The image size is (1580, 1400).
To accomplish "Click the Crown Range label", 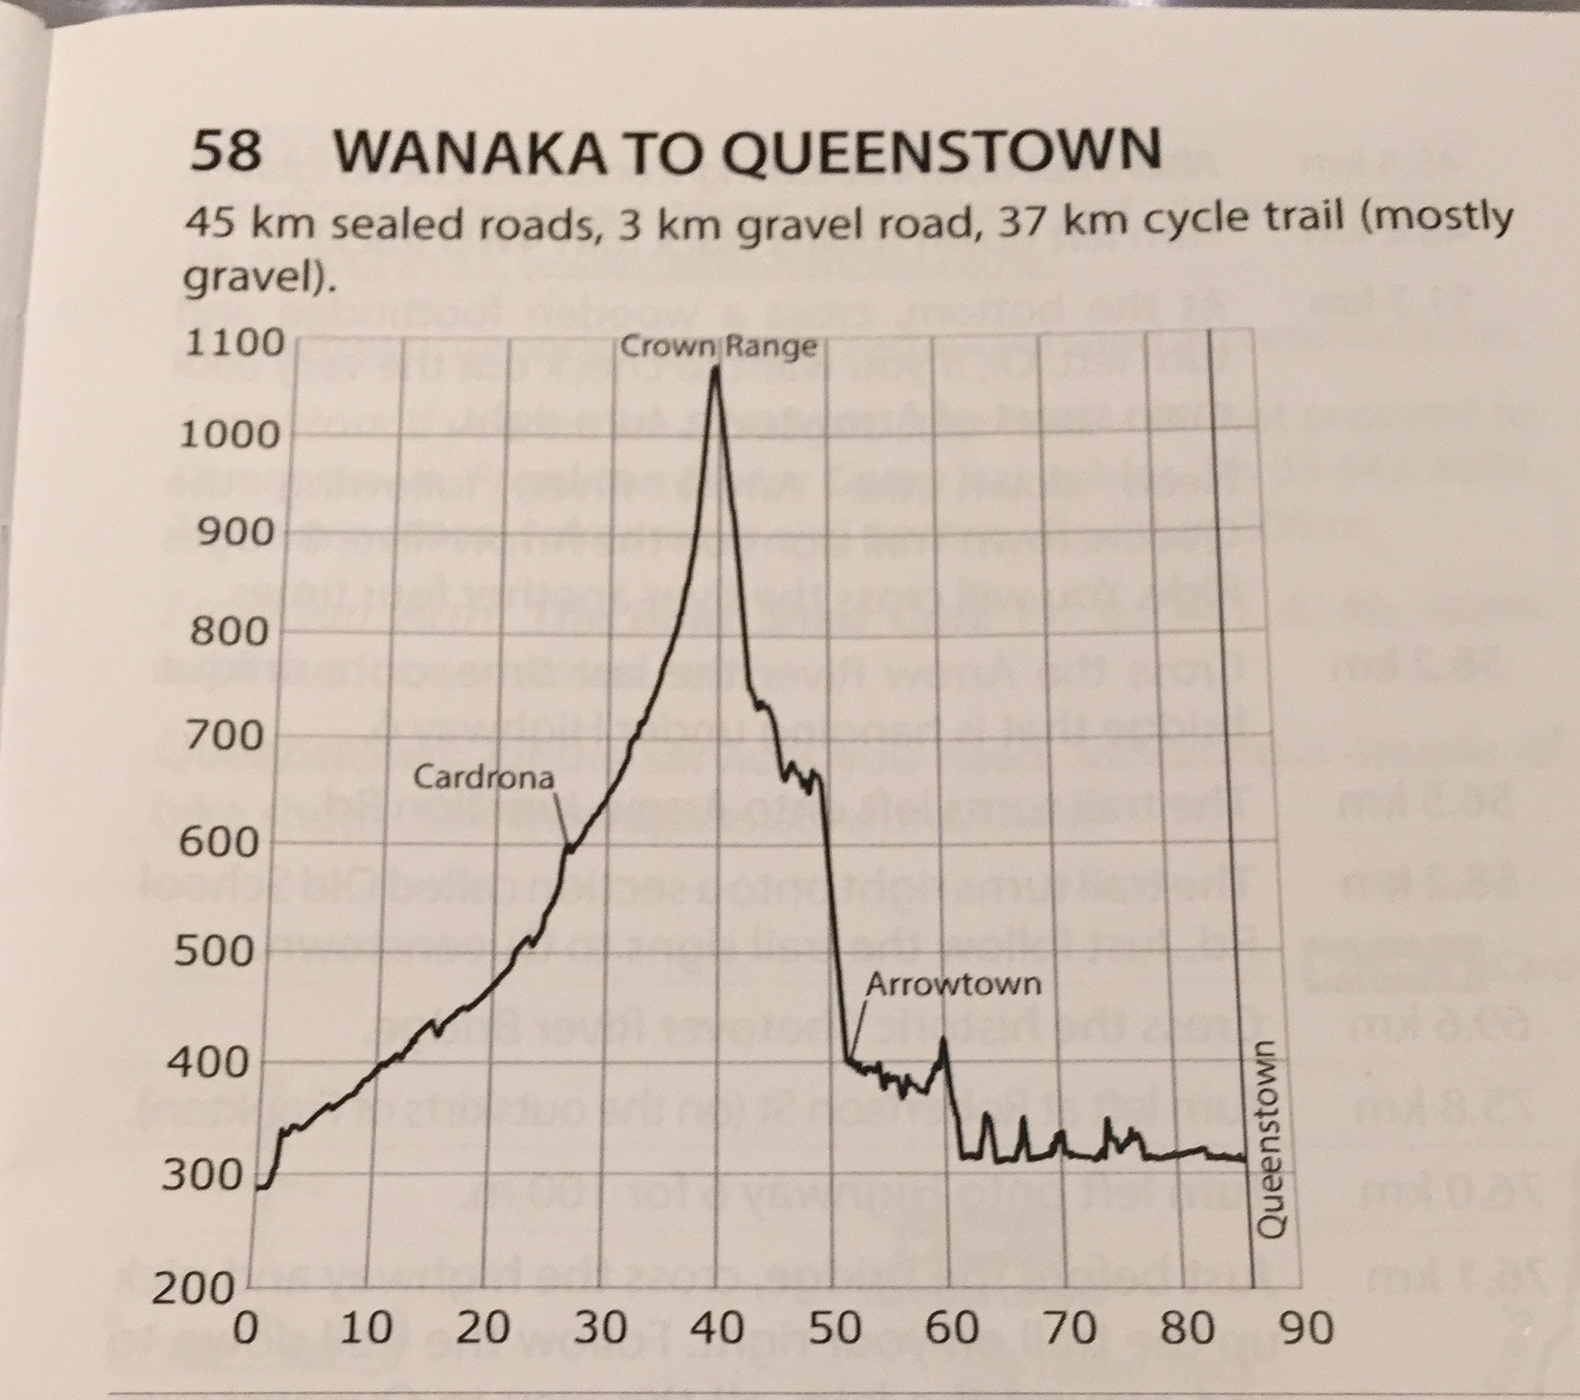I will click(x=718, y=348).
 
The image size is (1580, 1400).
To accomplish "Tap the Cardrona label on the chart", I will click(x=484, y=776).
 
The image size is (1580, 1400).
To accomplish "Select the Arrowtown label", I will click(x=953, y=984).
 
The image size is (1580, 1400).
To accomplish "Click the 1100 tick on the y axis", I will click(x=234, y=344).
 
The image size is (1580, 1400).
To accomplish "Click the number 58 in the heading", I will click(x=224, y=152).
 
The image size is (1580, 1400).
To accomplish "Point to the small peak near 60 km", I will click(x=943, y=1040).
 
